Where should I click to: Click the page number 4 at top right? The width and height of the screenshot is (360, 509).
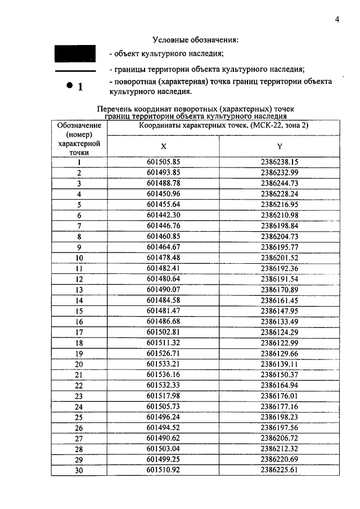[x=336, y=20]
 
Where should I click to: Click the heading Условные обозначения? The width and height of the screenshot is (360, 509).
[x=195, y=40]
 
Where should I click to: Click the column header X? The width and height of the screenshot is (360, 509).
[x=163, y=146]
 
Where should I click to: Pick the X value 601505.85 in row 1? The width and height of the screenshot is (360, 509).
[x=163, y=162]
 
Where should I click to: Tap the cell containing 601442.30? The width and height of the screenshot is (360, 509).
[x=163, y=215]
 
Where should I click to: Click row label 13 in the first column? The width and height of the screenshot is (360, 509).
[x=79, y=290]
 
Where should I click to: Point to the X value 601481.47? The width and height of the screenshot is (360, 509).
[x=163, y=310]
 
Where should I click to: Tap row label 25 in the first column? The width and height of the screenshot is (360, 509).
[x=79, y=417]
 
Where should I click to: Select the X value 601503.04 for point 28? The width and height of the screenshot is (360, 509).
[x=163, y=449]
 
